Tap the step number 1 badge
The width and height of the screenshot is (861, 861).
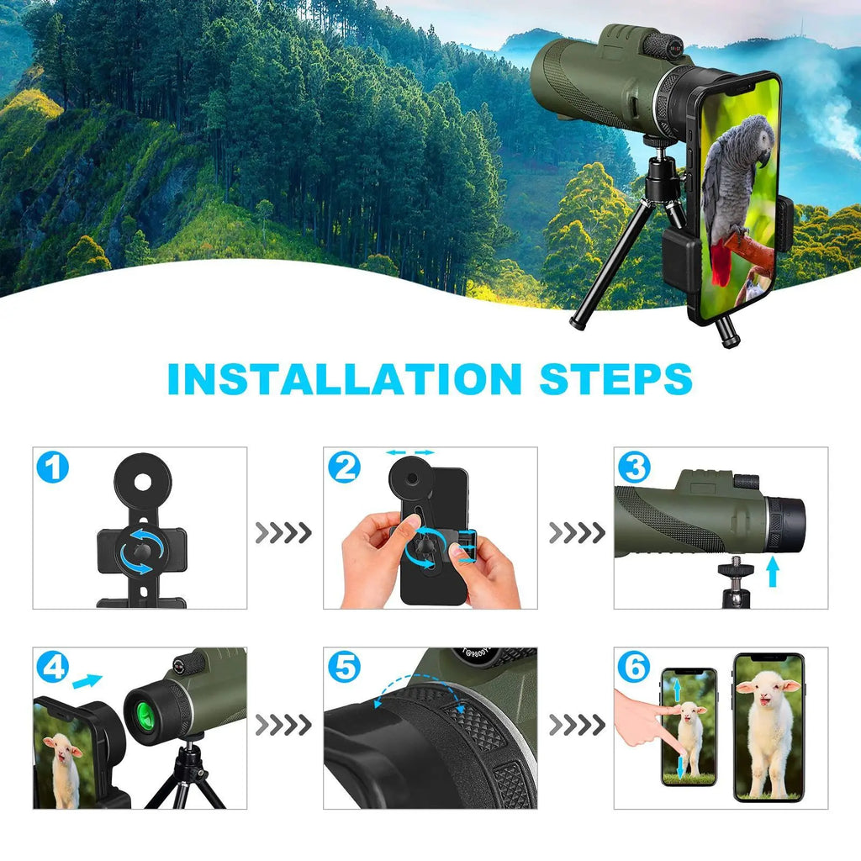coord(53,467)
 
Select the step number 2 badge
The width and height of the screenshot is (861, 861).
coord(344,467)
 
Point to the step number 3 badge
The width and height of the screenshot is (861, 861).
coord(634,467)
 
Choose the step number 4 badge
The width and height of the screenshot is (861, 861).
coord(53,667)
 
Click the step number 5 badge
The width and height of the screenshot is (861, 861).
coord(344,667)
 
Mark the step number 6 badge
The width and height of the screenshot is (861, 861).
coord(634,667)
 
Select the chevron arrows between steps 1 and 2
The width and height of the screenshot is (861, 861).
coord(283,532)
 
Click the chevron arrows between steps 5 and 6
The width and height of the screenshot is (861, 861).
coord(576,723)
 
